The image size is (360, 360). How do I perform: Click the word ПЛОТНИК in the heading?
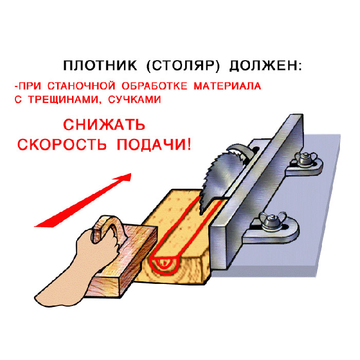click(100, 66)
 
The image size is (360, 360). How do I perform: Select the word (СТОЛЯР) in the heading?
click(183, 66)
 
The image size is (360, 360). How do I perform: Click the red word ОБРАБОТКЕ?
click(154, 86)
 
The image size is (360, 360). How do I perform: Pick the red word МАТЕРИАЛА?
click(227, 86)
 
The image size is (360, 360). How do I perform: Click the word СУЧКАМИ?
click(135, 99)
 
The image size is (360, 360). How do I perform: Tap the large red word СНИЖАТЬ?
click(104, 125)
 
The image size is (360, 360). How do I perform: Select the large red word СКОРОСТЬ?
click(62, 145)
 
